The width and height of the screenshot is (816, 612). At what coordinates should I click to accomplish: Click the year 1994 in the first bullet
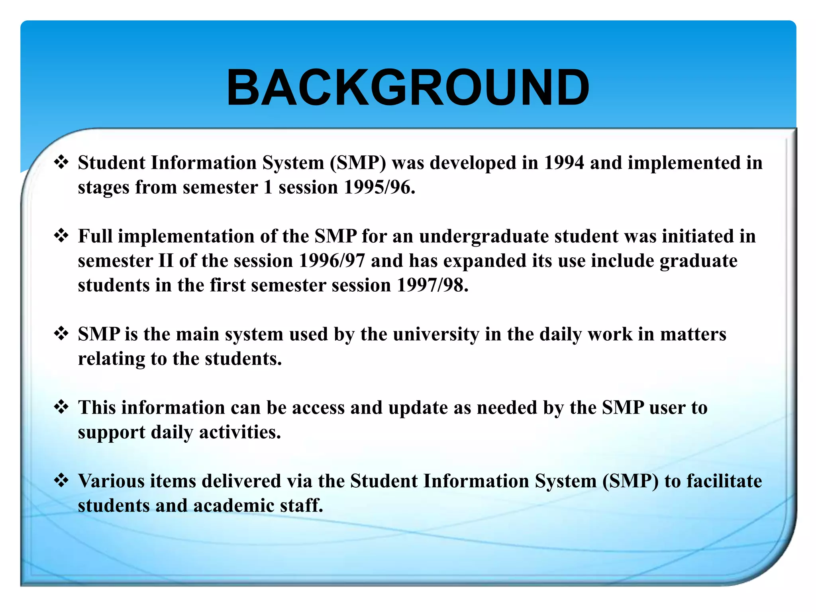coord(564,163)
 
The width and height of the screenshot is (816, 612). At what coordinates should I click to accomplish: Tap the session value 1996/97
coord(332,261)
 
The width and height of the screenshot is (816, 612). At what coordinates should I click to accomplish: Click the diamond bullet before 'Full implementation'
coord(61,236)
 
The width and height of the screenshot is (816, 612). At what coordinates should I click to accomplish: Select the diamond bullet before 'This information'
coord(61,407)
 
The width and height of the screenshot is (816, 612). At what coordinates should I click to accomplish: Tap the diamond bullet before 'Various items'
coord(61,481)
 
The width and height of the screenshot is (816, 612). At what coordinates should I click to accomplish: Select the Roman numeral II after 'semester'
coord(166,261)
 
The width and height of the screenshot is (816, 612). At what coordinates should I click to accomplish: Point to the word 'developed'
coord(473,163)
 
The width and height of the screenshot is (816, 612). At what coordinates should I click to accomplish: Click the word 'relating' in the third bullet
coord(111,359)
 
